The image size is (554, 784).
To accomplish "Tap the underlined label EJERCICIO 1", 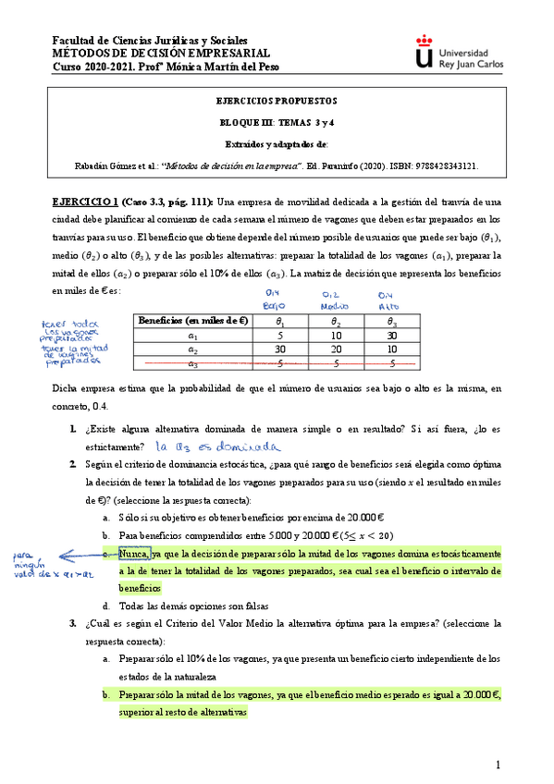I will coord(82,202).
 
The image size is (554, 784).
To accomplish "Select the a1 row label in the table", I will coord(192,337).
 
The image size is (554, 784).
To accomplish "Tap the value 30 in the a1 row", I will coord(391,337).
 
